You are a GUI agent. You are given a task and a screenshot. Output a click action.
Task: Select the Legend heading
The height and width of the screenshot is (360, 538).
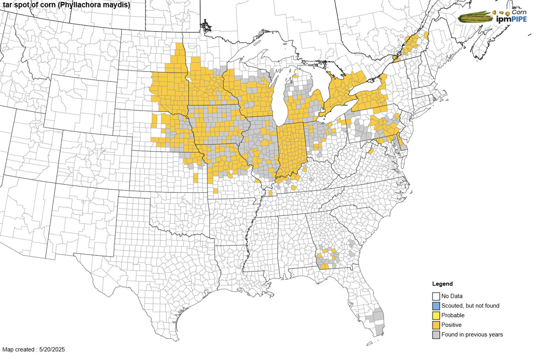point(442,284)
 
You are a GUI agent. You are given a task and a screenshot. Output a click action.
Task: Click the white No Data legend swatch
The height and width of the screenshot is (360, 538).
point(436,296)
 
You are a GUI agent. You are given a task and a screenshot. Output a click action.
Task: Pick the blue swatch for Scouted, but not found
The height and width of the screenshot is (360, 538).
point(436,306)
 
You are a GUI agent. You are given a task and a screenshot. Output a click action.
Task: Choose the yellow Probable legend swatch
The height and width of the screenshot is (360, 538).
point(436,315)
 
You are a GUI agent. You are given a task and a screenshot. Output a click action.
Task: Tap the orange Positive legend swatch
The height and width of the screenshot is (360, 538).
point(436,325)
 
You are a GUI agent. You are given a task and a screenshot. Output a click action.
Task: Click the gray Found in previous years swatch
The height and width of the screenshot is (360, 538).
point(436,335)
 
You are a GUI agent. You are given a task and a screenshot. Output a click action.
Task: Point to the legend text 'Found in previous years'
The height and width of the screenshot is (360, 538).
point(472,335)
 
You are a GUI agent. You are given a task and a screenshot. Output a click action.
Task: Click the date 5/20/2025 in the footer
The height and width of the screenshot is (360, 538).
point(52,349)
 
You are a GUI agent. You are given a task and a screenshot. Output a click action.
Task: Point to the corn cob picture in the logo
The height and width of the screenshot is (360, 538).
point(475,17)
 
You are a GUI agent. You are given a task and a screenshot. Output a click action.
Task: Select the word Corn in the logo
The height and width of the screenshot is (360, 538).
point(519,12)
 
